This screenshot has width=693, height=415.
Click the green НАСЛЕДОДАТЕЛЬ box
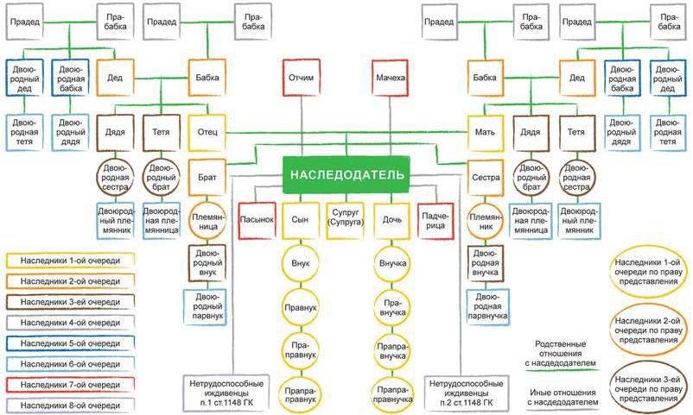(x=345, y=174)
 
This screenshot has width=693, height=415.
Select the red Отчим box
(x=301, y=79)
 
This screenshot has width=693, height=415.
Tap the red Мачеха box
(x=389, y=79)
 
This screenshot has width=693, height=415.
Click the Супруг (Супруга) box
(x=345, y=219)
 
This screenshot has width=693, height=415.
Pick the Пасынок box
(x=257, y=219)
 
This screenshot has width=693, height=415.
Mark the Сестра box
(x=485, y=175)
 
